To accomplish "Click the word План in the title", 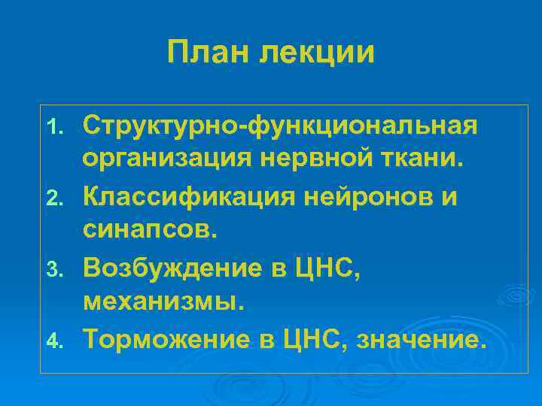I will [x=207, y=53].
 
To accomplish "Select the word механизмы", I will [x=164, y=304].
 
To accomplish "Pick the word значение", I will [x=421, y=341].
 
